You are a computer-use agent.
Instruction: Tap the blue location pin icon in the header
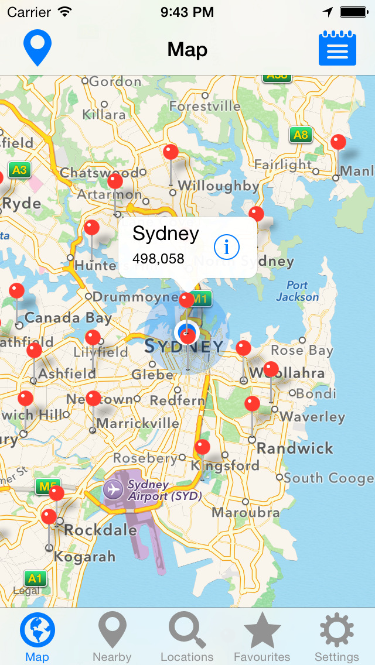coord(37,48)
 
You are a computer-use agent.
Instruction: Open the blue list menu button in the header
coord(337,49)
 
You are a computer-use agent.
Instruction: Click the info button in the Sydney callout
coord(227,248)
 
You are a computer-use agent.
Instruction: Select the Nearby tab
coord(112,637)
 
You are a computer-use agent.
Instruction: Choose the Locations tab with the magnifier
coord(187,637)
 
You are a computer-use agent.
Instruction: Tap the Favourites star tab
coord(262,637)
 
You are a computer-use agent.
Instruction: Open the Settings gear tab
coord(337,637)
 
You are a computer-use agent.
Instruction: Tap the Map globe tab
coord(37,637)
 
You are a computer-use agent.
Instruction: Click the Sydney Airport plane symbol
coord(113,489)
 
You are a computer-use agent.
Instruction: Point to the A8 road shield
coord(301,135)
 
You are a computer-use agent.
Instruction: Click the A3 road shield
coord(20,170)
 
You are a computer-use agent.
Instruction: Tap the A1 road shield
coord(36,579)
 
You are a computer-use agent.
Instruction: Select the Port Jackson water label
coord(298,292)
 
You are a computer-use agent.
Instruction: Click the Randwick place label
coord(295,448)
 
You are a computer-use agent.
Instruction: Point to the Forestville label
coord(204,106)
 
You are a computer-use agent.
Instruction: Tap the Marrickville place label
coord(138,423)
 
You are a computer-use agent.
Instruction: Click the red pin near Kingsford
coord(202,448)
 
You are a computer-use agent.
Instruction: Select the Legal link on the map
coord(26,591)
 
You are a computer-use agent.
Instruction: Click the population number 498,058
coord(158,259)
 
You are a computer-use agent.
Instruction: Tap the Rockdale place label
coord(101,530)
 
